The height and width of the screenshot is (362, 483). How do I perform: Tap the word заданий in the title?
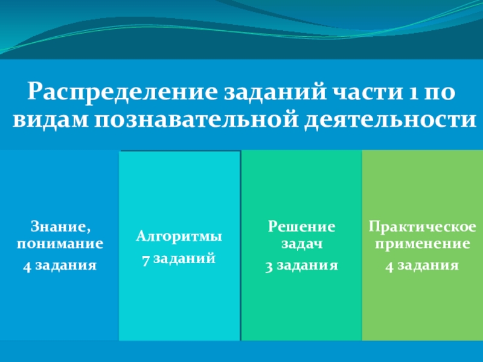[275, 92]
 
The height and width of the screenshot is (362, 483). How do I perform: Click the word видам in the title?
[50, 119]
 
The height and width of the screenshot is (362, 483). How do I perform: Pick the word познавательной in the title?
[196, 120]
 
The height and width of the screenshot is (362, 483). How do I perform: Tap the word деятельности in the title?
[390, 120]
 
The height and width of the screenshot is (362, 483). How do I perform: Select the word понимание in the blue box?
[60, 244]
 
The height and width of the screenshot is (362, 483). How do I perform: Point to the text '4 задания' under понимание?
[60, 265]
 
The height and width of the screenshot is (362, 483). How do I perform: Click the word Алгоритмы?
[179, 237]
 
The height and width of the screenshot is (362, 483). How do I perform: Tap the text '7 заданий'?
[179, 259]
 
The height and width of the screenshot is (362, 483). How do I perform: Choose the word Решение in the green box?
[301, 227]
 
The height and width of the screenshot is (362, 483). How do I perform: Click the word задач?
[302, 244]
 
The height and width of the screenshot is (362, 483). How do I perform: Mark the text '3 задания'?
[301, 265]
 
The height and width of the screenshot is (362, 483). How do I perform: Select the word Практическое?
[422, 227]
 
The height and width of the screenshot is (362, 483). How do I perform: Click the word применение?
[422, 244]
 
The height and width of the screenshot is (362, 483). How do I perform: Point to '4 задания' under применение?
[422, 265]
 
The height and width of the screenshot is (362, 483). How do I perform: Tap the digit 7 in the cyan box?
[146, 261]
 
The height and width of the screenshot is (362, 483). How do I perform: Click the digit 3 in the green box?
[269, 267]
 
